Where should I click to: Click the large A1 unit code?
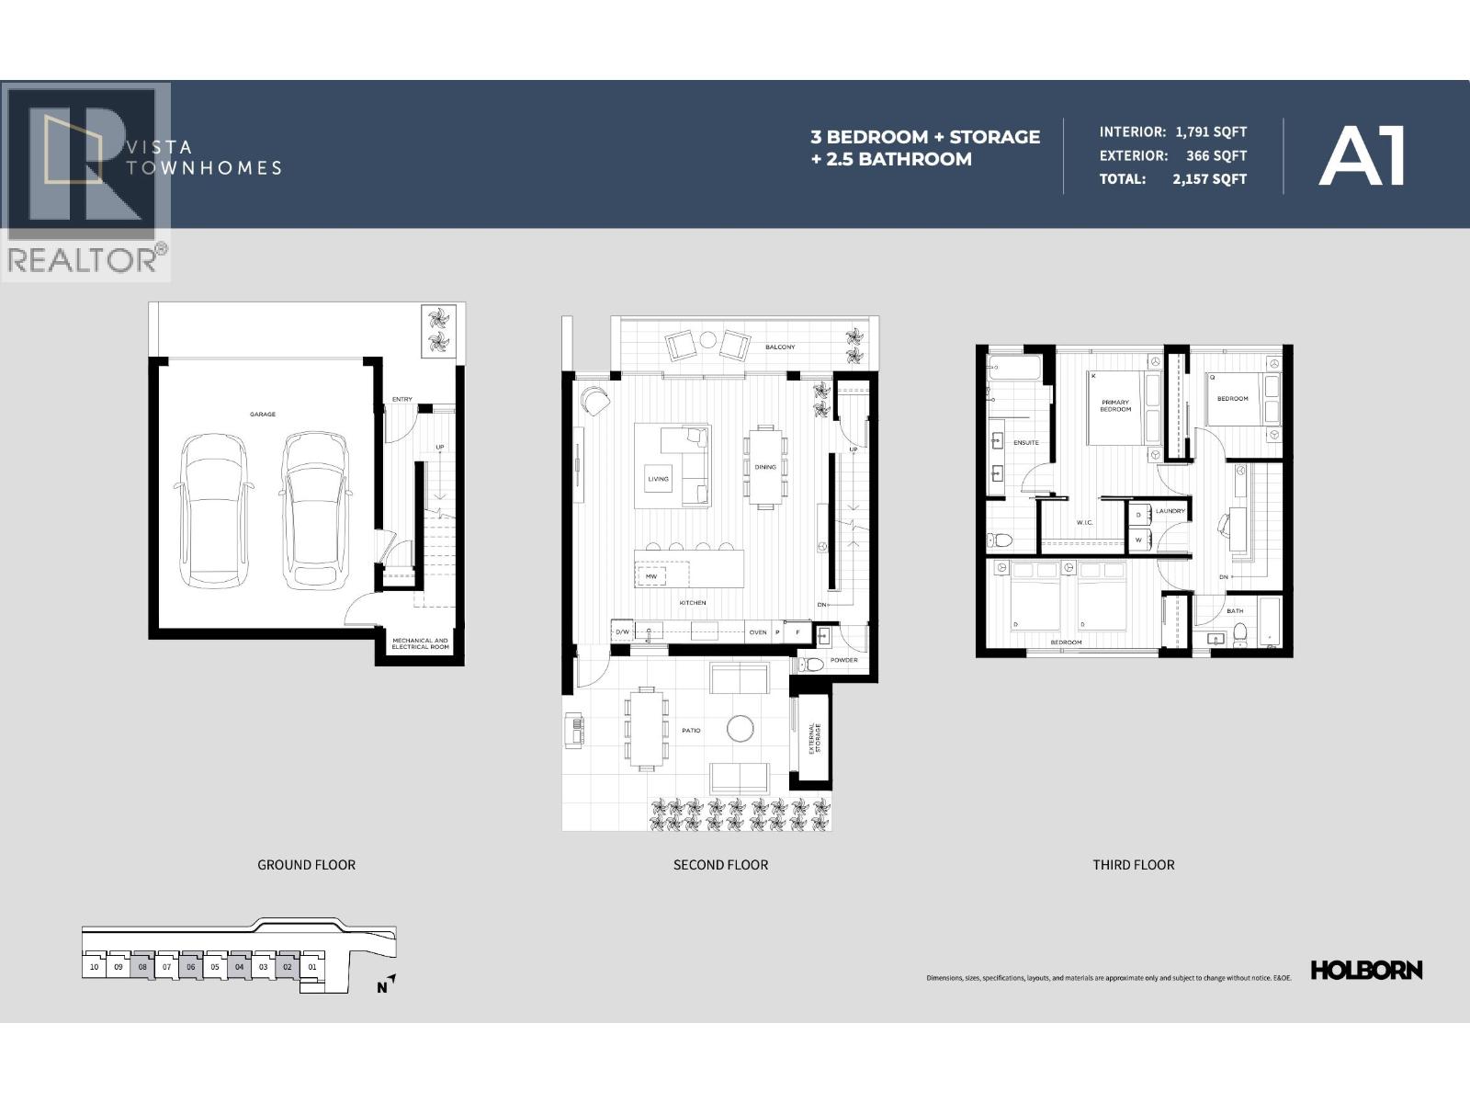tap(1363, 157)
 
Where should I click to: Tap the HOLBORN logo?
tap(1366, 970)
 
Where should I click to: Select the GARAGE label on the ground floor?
tap(263, 415)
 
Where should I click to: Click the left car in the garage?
tap(213, 510)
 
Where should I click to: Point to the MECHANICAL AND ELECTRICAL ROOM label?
tap(420, 643)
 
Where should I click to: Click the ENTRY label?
tap(401, 399)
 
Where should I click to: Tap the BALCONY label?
tap(780, 347)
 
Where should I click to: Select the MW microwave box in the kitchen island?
tap(651, 576)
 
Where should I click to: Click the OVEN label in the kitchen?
tap(757, 632)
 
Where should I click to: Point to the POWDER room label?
tap(843, 660)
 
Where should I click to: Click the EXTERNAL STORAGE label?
tap(814, 738)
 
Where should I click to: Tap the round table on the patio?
tap(741, 729)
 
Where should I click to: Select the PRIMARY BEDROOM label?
tap(1115, 405)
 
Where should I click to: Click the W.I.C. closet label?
tap(1084, 523)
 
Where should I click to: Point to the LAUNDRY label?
tap(1170, 511)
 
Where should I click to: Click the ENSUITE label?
tap(1026, 443)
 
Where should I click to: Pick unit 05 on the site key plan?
tap(214, 967)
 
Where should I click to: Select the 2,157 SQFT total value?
tap(1209, 179)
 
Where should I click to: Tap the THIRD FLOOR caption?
tap(1133, 865)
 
